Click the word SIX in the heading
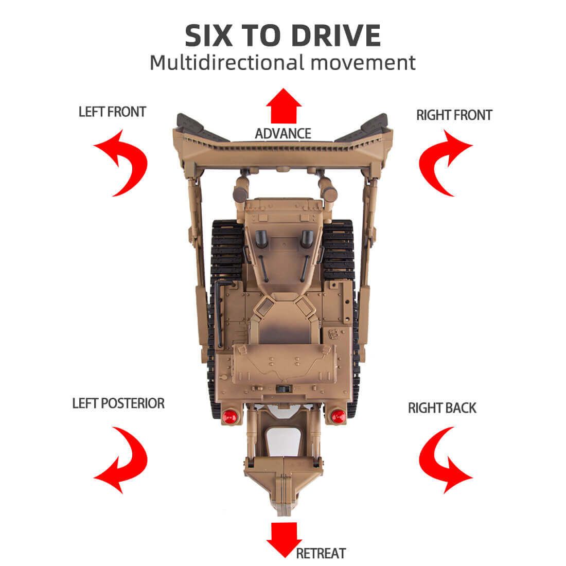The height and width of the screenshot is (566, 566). pyautogui.click(x=208, y=36)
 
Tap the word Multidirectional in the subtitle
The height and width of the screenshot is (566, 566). pyautogui.click(x=227, y=62)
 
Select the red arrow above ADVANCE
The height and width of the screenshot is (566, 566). pyautogui.click(x=284, y=105)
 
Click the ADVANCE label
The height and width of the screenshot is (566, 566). pyautogui.click(x=283, y=134)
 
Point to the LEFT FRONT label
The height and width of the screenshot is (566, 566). pyautogui.click(x=112, y=112)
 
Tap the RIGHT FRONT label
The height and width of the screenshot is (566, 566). pyautogui.click(x=454, y=115)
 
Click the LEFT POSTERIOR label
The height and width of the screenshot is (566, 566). pyautogui.click(x=118, y=403)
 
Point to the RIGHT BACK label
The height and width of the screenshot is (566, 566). pyautogui.click(x=442, y=408)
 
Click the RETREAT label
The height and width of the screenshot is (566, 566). pyautogui.click(x=321, y=553)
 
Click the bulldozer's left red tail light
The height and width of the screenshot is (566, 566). pyautogui.click(x=229, y=416)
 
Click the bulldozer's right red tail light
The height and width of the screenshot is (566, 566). pyautogui.click(x=338, y=416)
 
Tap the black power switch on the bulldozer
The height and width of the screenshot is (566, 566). pyautogui.click(x=284, y=389)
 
